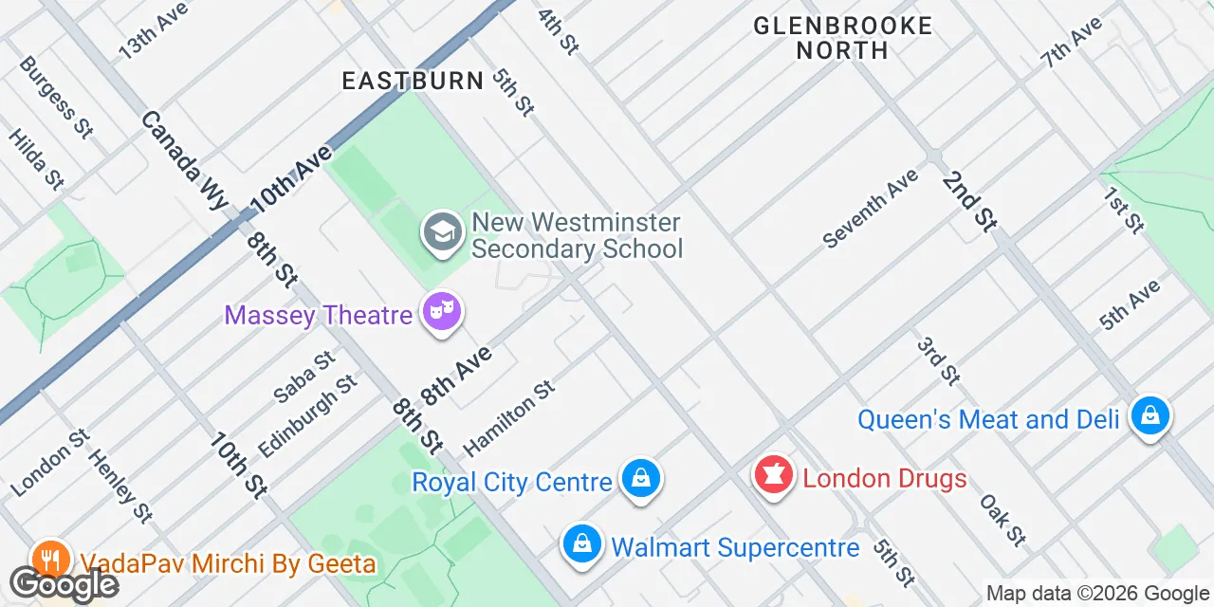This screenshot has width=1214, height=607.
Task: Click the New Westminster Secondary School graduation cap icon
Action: pyautogui.click(x=442, y=231)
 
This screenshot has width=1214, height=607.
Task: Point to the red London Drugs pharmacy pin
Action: pyautogui.click(x=774, y=474)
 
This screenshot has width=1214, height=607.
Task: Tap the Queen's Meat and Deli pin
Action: pyautogui.click(x=1150, y=414)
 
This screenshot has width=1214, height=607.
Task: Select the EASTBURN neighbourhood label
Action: pyautogui.click(x=414, y=81)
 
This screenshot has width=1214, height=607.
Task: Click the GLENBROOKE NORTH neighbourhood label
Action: pyautogui.click(x=843, y=38)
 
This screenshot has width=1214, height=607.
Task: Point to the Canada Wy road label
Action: pyautogui.click(x=186, y=160)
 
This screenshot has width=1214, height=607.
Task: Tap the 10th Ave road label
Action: pyautogui.click(x=291, y=179)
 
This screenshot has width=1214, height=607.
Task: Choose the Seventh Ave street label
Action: pyautogui.click(x=871, y=209)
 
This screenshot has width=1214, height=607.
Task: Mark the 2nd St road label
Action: pyautogui.click(x=970, y=201)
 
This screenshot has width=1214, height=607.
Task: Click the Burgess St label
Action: pyautogui.click(x=56, y=98)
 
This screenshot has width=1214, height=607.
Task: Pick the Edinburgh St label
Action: pyautogui.click(x=307, y=415)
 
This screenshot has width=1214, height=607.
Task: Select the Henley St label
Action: pyautogui.click(x=120, y=485)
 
